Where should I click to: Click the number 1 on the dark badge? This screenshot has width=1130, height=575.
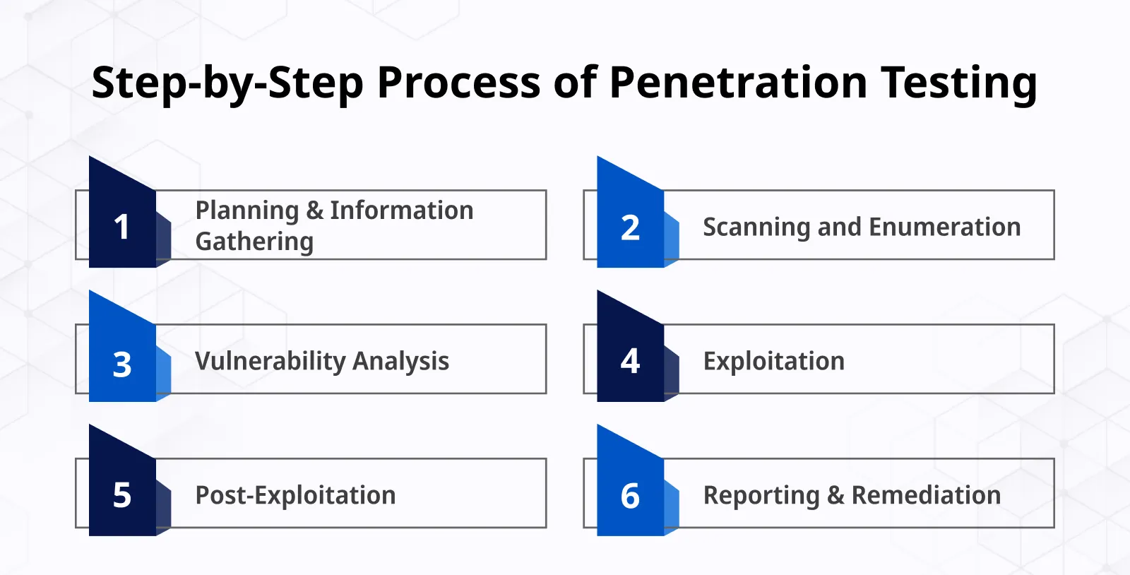tap(121, 227)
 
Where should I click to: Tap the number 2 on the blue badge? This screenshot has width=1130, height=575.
tap(630, 227)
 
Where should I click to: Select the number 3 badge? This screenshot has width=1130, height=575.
tap(122, 364)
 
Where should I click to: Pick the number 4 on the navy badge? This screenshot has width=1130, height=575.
tap(630, 361)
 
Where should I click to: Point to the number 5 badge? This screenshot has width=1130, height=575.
tap(122, 495)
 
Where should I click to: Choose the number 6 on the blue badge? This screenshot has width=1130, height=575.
tap(630, 496)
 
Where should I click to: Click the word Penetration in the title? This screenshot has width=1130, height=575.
tap(738, 82)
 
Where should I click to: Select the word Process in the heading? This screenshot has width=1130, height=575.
tap(459, 82)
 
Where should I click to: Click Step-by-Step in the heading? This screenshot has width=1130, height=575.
tap(227, 83)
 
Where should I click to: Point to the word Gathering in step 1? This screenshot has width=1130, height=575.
tap(254, 242)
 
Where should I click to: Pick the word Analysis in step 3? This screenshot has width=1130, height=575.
tap(400, 361)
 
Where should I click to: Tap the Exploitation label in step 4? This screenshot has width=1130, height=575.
tap(773, 361)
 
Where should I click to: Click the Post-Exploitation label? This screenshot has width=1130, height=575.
tap(295, 495)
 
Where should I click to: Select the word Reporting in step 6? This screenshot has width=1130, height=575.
tap(761, 496)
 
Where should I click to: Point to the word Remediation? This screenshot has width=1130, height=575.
tap(926, 495)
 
